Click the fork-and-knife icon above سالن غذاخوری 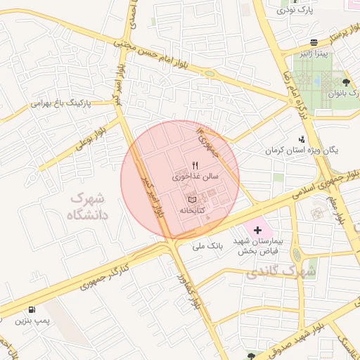pyautogui.click(x=186, y=165)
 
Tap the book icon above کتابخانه pyautogui.click(x=193, y=200)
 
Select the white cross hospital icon pyautogui.click(x=257, y=230)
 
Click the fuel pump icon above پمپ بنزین pyautogui.click(x=32, y=310)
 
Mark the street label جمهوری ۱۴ pyautogui.click(x=209, y=143)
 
